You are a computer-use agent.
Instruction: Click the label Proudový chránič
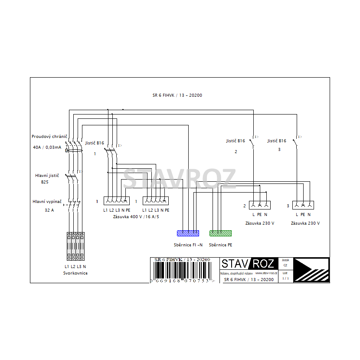click(49, 136)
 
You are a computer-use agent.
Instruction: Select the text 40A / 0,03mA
click(47, 147)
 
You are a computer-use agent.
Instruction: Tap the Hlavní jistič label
click(47, 175)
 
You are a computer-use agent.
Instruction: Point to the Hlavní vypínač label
click(47, 201)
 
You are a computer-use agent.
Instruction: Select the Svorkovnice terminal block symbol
click(75, 246)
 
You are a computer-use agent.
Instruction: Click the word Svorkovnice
click(75, 273)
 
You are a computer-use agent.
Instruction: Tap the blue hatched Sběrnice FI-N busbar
click(188, 233)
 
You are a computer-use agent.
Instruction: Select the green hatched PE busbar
click(220, 233)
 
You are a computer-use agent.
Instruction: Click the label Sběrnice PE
click(220, 245)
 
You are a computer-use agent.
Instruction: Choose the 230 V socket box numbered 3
click(303, 205)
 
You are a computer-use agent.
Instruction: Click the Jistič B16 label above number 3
click(277, 141)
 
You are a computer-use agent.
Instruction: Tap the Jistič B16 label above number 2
click(236, 141)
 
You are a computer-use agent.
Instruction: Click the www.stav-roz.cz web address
click(266, 273)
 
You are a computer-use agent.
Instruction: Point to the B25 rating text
click(45, 182)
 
